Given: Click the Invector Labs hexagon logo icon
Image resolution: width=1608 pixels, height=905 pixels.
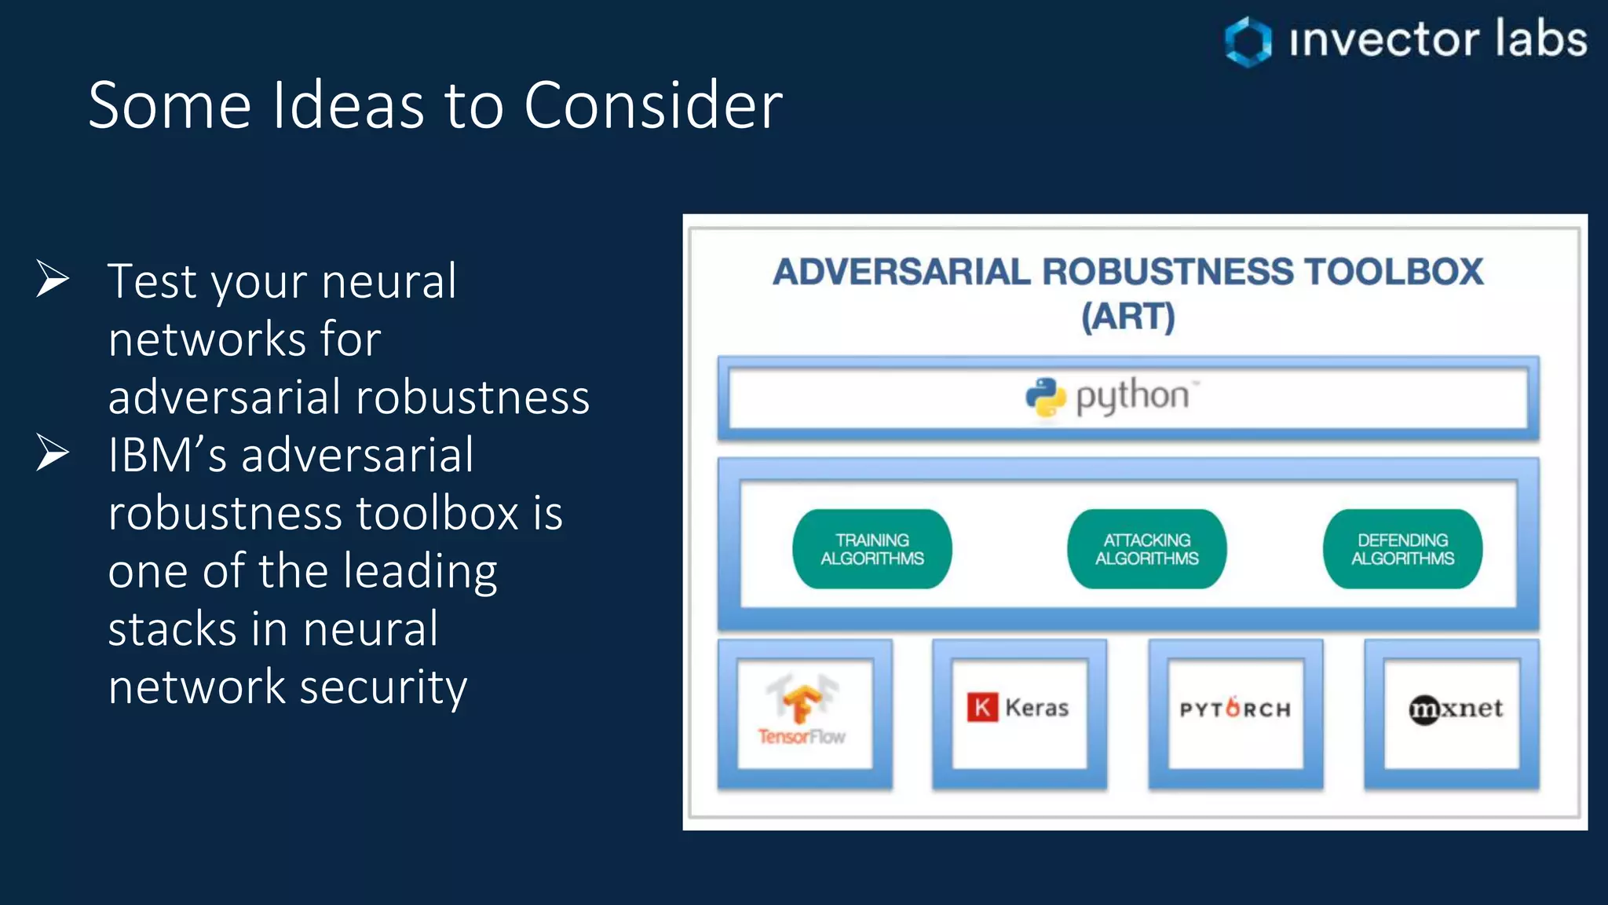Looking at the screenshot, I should tap(1248, 42).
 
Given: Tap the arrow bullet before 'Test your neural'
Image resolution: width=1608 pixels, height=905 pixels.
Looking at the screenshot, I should tap(53, 279).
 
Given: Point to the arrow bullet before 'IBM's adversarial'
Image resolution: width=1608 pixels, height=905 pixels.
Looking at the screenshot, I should tap(53, 453).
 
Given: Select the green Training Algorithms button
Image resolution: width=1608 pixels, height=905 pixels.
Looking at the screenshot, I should tap(872, 549).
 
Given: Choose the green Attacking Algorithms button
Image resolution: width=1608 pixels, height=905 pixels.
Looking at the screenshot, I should tap(1146, 549).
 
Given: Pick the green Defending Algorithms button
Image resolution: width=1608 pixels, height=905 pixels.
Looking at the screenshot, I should tap(1402, 549).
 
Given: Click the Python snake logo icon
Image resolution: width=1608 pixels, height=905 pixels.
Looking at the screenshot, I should tap(1045, 398).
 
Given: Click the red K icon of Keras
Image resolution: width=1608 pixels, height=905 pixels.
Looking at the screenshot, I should tap(981, 707).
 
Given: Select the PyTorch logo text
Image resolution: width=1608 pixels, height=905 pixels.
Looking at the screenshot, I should tap(1235, 709).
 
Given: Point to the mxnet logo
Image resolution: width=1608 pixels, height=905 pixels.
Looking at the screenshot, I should tap(1455, 709).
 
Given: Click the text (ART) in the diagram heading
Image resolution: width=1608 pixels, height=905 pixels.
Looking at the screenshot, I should tap(1128, 317).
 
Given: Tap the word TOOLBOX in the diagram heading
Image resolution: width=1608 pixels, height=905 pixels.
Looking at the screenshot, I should tap(1394, 272).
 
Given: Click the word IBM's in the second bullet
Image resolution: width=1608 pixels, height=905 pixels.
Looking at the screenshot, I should tap(167, 455).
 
